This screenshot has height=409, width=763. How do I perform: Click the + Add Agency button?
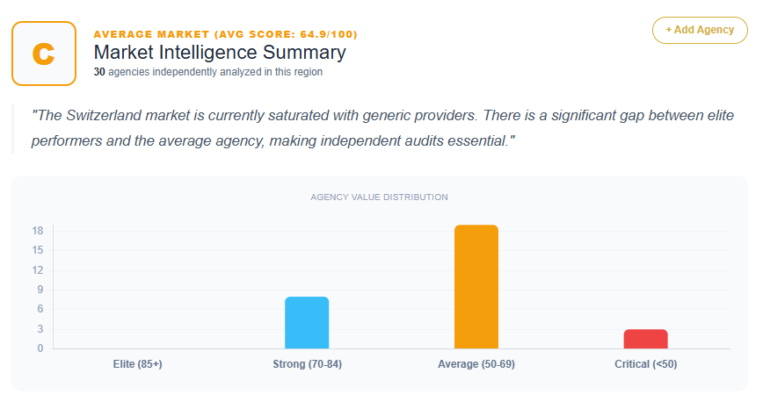click(700, 30)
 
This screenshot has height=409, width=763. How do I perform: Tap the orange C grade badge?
click(44, 53)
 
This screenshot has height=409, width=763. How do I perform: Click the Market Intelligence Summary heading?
click(220, 53)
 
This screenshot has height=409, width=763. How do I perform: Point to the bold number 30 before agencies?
click(99, 72)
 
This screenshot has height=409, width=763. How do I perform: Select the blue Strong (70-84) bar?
click(307, 323)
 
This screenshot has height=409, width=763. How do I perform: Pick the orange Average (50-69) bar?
click(476, 287)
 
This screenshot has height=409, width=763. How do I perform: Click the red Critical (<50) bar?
click(646, 339)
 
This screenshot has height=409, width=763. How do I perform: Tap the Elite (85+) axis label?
click(138, 364)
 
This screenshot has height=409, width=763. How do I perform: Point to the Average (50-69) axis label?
click(476, 364)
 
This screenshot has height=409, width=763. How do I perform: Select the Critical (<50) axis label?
click(646, 364)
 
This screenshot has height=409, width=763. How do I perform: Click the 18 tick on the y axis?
click(38, 231)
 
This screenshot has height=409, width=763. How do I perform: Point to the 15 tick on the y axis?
click(38, 251)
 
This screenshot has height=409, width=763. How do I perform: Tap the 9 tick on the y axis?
click(40, 290)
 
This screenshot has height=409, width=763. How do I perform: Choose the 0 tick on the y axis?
click(40, 348)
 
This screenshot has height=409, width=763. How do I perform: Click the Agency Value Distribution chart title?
click(379, 197)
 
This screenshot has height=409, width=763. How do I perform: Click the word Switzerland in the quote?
click(104, 115)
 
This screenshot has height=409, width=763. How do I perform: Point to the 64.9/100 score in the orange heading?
click(323, 34)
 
